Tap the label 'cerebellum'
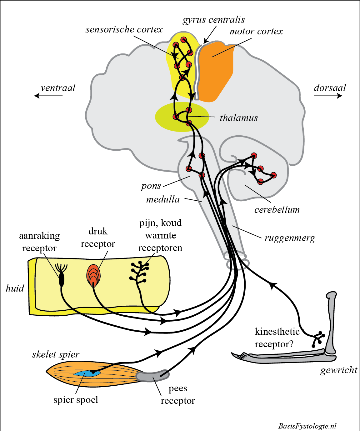pos(277,210)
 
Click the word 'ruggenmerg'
pos(290,238)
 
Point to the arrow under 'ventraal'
pos(48,96)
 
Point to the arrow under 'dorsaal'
pos(328,96)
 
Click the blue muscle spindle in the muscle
pos(85,373)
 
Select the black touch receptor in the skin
pos(62,279)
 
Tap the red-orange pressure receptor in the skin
pos(93,275)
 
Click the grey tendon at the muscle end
pos(150,376)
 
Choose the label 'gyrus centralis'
pos(214,20)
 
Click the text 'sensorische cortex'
pos(124,30)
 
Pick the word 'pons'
pos(151,186)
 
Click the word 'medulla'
pos(163,200)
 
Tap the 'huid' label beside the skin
pos(15,288)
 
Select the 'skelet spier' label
pos(56,354)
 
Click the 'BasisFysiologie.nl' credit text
pos(307,426)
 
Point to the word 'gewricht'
pos(339,370)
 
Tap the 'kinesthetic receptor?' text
pos(277,338)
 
